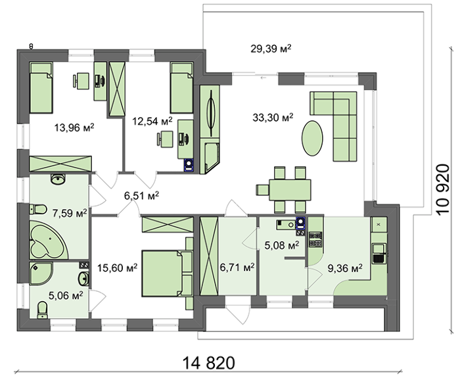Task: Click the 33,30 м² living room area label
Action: pyautogui.click(x=273, y=118)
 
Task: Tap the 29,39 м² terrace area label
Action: pyautogui.click(x=271, y=49)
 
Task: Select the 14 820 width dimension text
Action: pyautogui.click(x=209, y=363)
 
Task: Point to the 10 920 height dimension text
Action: pyautogui.click(x=442, y=189)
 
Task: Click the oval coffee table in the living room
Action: pyautogui.click(x=312, y=138)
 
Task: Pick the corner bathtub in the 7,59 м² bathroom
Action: pyautogui.click(x=49, y=240)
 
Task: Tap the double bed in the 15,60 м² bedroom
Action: pyautogui.click(x=167, y=273)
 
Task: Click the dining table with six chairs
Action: pyautogui.click(x=285, y=189)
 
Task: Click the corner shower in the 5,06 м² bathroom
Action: pyautogui.click(x=41, y=273)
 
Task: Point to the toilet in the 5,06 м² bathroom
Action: pyautogui.click(x=43, y=310)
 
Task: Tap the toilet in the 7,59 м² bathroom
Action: pyautogui.click(x=38, y=210)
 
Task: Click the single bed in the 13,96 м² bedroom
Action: pyautogui.click(x=41, y=87)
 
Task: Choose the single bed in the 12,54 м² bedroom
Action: pyautogui.click(x=182, y=87)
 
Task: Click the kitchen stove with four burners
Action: pyautogui.click(x=315, y=239)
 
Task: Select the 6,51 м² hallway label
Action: pyautogui.click(x=142, y=195)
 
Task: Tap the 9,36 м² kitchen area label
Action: pyautogui.click(x=345, y=268)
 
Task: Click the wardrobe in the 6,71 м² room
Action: pyautogui.click(x=209, y=256)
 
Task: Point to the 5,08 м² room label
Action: pyautogui.click(x=282, y=245)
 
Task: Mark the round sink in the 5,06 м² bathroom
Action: pyautogui.click(x=84, y=278)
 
